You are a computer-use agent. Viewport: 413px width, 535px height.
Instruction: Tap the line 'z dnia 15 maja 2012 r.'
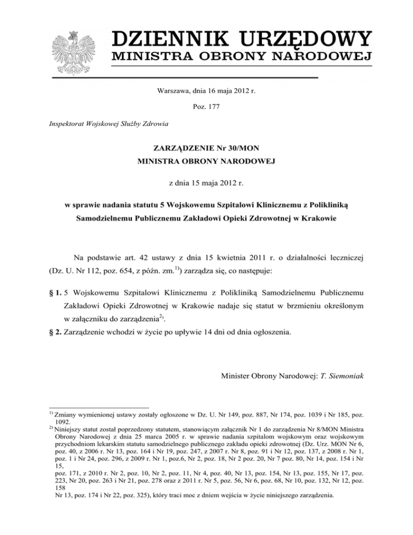[206, 183]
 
